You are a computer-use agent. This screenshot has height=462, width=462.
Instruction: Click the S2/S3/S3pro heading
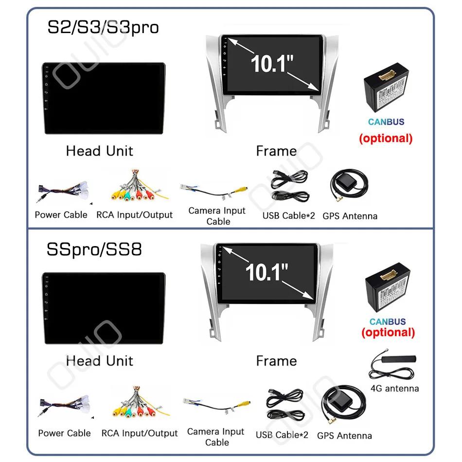pyautogui.click(x=103, y=27)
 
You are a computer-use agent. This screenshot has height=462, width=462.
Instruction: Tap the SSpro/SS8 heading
pyautogui.click(x=94, y=249)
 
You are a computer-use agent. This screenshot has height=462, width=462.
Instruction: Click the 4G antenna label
pyautogui.click(x=394, y=388)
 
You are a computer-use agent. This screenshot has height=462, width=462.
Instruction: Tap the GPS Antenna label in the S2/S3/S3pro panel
pyautogui.click(x=350, y=216)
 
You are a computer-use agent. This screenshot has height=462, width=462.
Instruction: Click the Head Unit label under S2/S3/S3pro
pyautogui.click(x=99, y=151)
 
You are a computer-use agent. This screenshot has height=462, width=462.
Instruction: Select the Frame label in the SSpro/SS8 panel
pyautogui.click(x=276, y=361)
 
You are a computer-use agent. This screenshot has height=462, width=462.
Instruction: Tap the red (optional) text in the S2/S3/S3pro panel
pyautogui.click(x=386, y=138)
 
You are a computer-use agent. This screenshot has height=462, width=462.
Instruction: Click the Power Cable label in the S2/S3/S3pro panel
pyautogui.click(x=61, y=215)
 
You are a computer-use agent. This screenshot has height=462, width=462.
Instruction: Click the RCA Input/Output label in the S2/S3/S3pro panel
pyautogui.click(x=134, y=215)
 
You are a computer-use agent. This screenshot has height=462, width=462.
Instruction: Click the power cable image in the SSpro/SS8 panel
pyautogui.click(x=65, y=409)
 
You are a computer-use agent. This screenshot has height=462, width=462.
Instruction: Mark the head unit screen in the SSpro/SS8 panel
pyautogui.click(x=103, y=308)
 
